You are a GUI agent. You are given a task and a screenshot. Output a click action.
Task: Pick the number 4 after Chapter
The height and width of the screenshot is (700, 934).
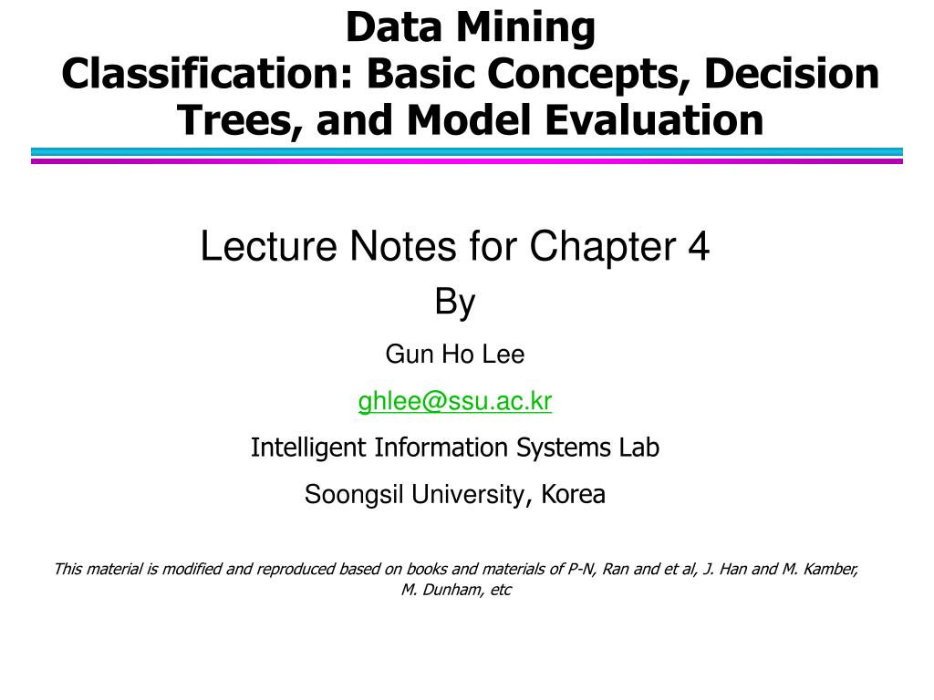pos(699,247)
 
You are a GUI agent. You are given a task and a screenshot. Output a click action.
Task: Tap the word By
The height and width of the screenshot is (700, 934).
pos(455,302)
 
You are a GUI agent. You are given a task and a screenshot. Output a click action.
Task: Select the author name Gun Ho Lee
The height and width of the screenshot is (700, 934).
pos(455,355)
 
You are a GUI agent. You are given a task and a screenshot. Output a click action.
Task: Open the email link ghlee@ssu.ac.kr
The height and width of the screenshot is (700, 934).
pos(455,401)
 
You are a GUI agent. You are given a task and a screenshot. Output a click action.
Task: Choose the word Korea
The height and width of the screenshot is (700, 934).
pos(573,495)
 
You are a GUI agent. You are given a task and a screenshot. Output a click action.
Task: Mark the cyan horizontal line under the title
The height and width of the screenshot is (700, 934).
pos(467,152)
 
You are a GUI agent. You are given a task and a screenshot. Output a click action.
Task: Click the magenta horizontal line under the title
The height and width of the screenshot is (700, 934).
pos(467,160)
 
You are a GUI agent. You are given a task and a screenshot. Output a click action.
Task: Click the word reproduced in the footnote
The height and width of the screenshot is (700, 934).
pos(296,570)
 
